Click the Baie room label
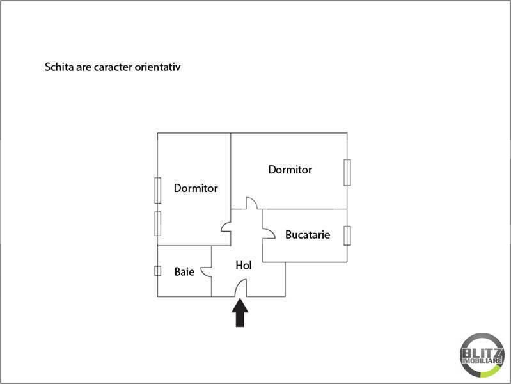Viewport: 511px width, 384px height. (x=184, y=271)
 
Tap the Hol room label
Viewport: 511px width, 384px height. (x=244, y=265)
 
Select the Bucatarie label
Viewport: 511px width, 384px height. (x=308, y=235)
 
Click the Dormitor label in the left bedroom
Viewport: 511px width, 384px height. (x=196, y=188)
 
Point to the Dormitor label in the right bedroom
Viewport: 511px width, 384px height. (x=290, y=170)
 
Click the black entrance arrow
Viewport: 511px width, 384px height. (x=240, y=312)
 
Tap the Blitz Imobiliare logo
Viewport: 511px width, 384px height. (x=482, y=355)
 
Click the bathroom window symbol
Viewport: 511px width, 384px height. (x=158, y=271)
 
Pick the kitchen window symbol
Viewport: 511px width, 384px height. (x=347, y=236)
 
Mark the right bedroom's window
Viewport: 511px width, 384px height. (x=347, y=172)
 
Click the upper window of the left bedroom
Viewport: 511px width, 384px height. (x=158, y=190)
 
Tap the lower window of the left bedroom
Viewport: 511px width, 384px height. (x=158, y=223)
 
